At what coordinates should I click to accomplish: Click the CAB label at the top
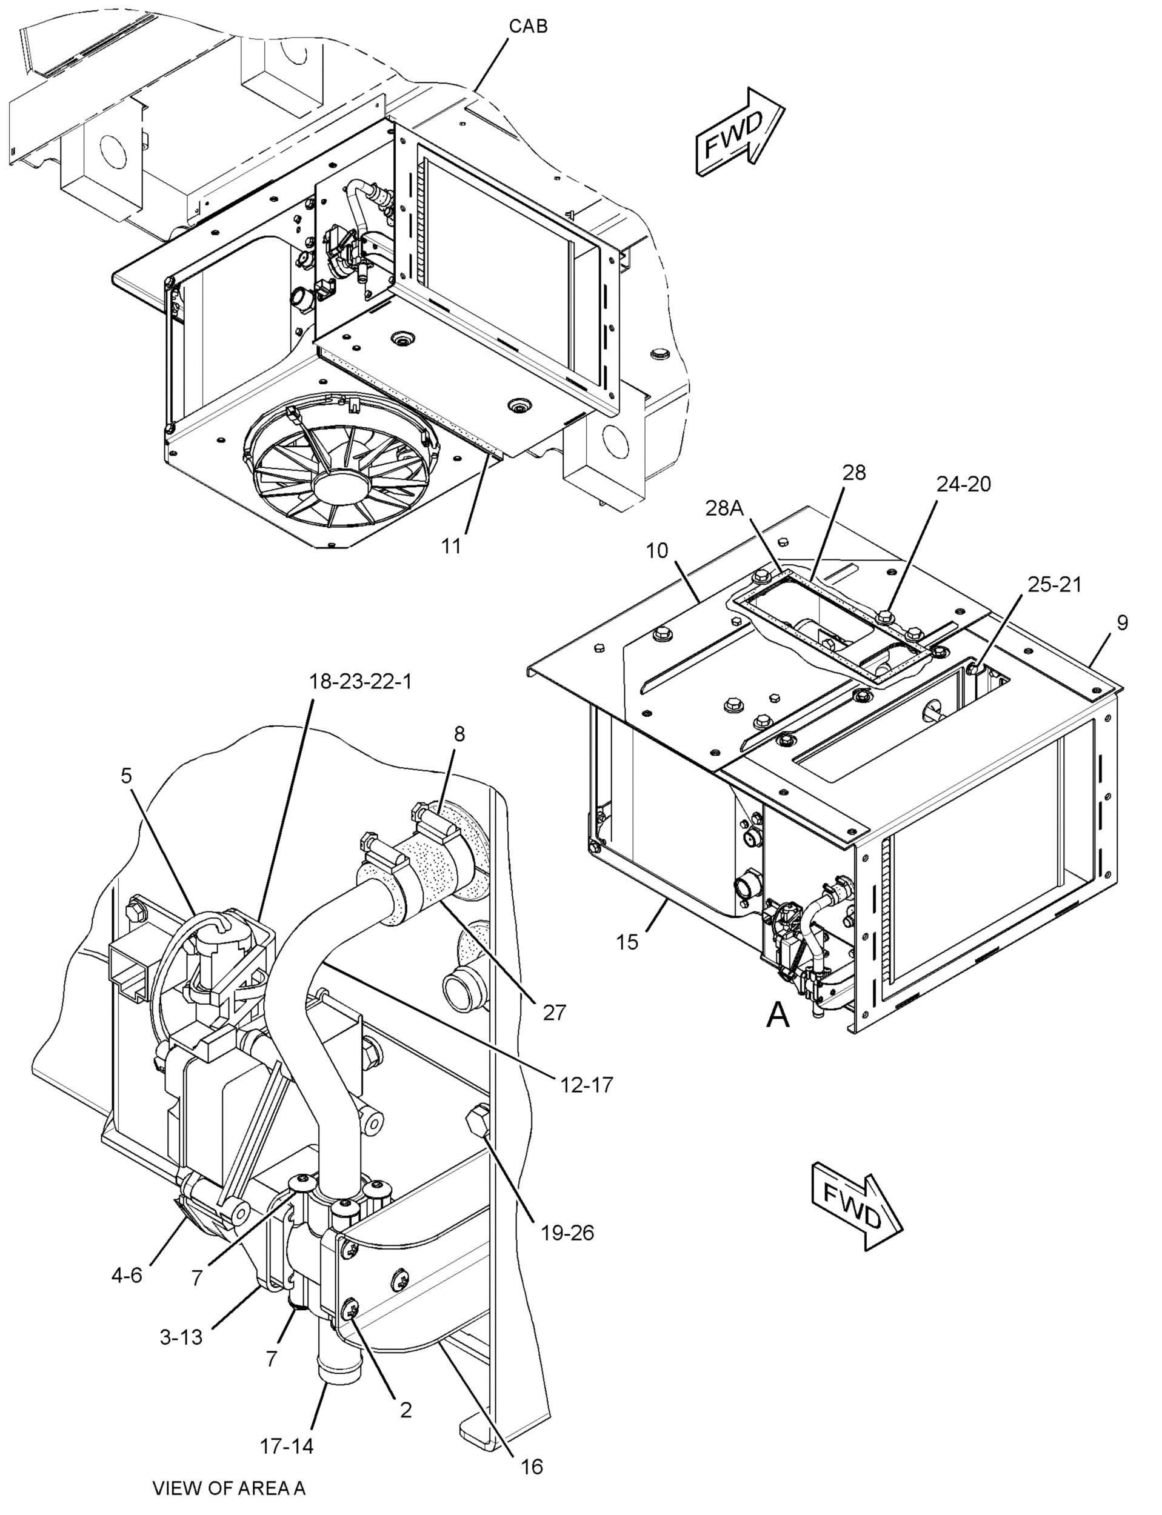pyautogui.click(x=529, y=26)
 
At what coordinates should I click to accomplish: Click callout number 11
pyautogui.click(x=451, y=546)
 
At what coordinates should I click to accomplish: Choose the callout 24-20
pyautogui.click(x=964, y=484)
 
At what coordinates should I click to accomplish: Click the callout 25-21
pyautogui.click(x=1053, y=585)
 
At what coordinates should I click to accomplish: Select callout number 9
pyautogui.click(x=1122, y=623)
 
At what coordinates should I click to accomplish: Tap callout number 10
pyautogui.click(x=657, y=550)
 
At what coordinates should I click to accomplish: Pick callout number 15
pyautogui.click(x=627, y=942)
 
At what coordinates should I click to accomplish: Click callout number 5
pyautogui.click(x=125, y=776)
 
